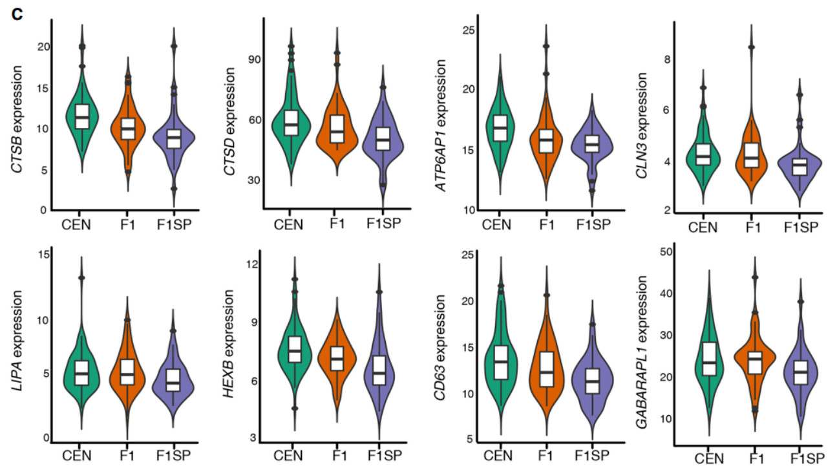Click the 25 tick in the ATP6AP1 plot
point(469,30)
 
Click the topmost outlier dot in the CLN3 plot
point(751,47)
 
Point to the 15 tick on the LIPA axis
point(43,254)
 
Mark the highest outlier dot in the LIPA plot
point(82,278)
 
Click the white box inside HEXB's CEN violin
point(295,349)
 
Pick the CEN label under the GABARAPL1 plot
point(708,458)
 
